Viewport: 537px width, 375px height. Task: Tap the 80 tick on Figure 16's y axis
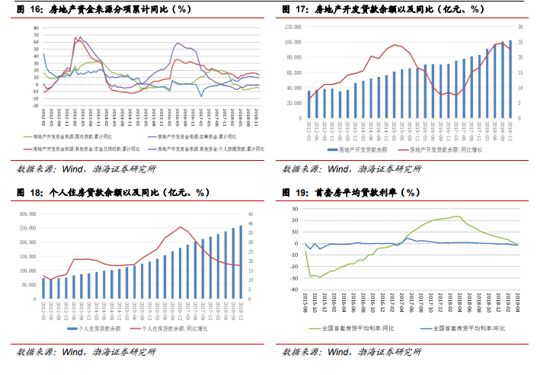35,27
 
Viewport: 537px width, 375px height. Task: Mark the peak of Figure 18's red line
181,227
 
